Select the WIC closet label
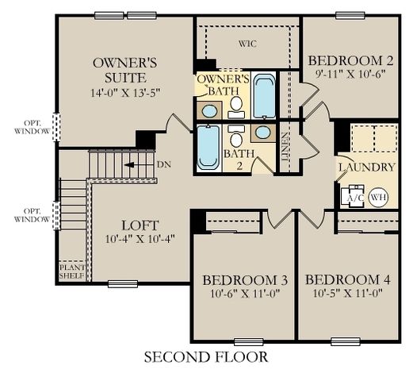(x=248, y=44)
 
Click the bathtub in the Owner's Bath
(x=264, y=94)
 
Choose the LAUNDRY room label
(x=366, y=167)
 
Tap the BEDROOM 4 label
(x=347, y=279)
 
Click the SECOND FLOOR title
(x=205, y=356)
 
